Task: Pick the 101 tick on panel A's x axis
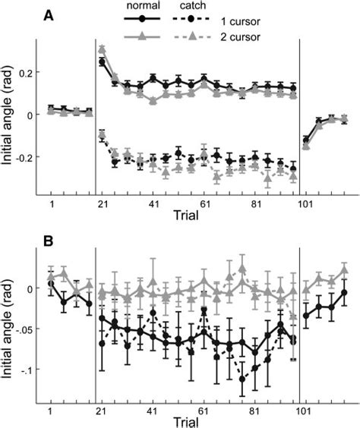[x=307, y=205]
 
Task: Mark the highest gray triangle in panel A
[x=102, y=49]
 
